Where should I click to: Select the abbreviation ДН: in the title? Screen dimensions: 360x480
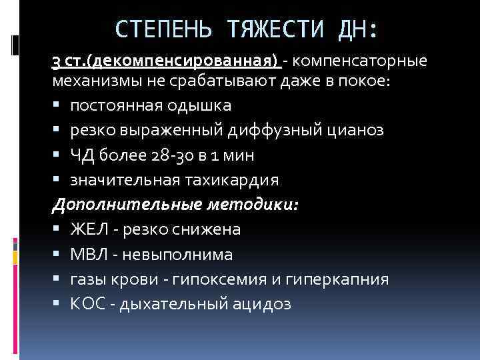point(355,29)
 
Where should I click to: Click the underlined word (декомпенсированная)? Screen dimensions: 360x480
point(187,62)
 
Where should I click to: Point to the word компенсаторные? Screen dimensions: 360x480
point(359,62)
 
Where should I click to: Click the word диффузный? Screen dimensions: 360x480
point(273,130)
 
